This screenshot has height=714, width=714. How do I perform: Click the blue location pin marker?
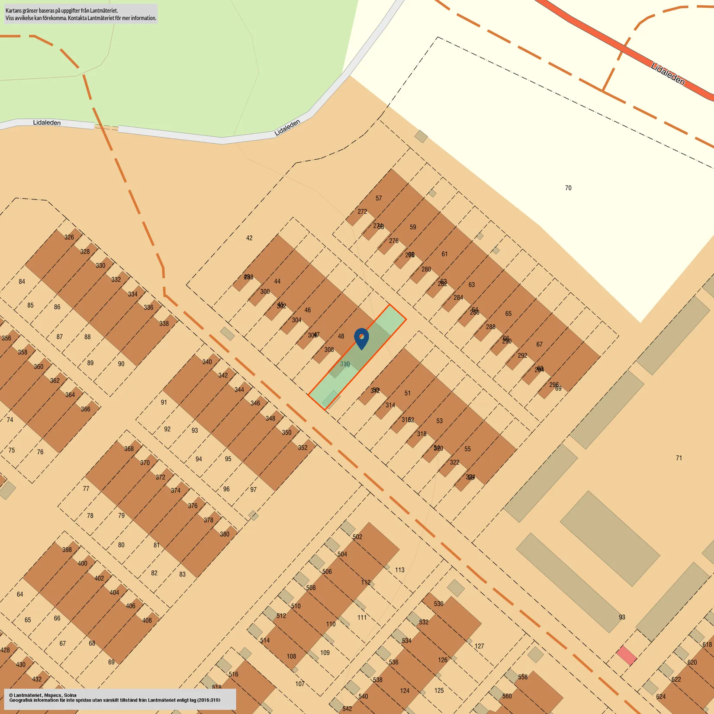tap(361, 338)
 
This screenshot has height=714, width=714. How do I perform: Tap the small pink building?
tap(626, 656)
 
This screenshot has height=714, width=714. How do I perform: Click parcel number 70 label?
tap(568, 188)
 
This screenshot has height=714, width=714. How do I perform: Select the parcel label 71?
tap(679, 458)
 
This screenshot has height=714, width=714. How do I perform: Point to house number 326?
tap(69, 237)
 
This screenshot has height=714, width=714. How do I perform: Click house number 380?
tap(225, 534)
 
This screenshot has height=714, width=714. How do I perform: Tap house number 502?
tap(357, 537)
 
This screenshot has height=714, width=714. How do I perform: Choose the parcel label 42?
tap(249, 238)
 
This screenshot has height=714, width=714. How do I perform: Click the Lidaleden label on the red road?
tap(668, 74)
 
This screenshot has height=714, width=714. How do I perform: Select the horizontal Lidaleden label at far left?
tap(47, 123)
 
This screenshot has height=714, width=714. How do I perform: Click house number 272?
tap(362, 212)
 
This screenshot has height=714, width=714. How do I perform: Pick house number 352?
tap(302, 447)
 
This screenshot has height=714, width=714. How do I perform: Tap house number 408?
tap(147, 621)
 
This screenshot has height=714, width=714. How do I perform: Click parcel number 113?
tap(400, 570)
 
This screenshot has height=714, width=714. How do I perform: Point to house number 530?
tap(439, 604)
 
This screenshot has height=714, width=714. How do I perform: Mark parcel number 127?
tap(479, 646)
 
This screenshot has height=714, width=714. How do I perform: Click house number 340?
tap(207, 362)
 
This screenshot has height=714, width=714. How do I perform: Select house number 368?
tap(129, 449)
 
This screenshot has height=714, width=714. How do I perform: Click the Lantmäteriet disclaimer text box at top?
tap(81, 14)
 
